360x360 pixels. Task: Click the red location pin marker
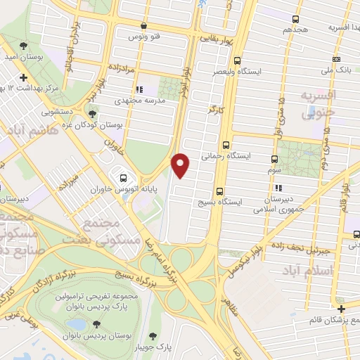point(181,165)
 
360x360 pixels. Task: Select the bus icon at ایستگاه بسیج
point(220,191)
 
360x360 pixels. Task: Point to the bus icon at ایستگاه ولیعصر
point(237,60)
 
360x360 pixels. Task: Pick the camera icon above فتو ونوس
point(142,25)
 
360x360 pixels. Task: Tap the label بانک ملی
point(336,70)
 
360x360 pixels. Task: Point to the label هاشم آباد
point(27,131)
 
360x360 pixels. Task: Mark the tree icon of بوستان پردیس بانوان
point(96,324)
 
